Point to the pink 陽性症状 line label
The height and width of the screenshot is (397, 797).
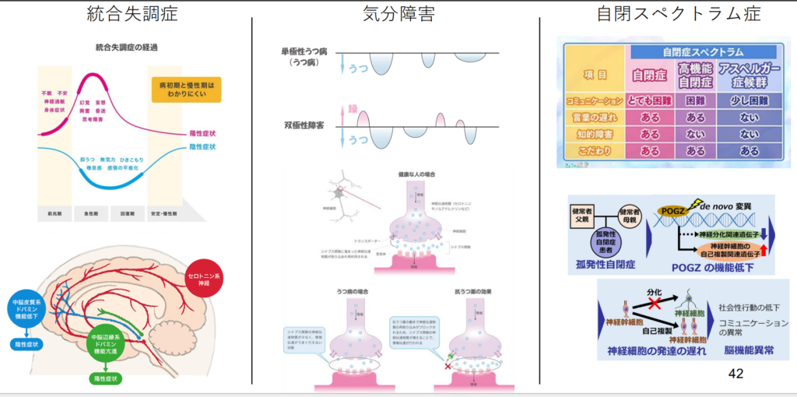202,133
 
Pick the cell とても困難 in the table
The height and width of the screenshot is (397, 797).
644,101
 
